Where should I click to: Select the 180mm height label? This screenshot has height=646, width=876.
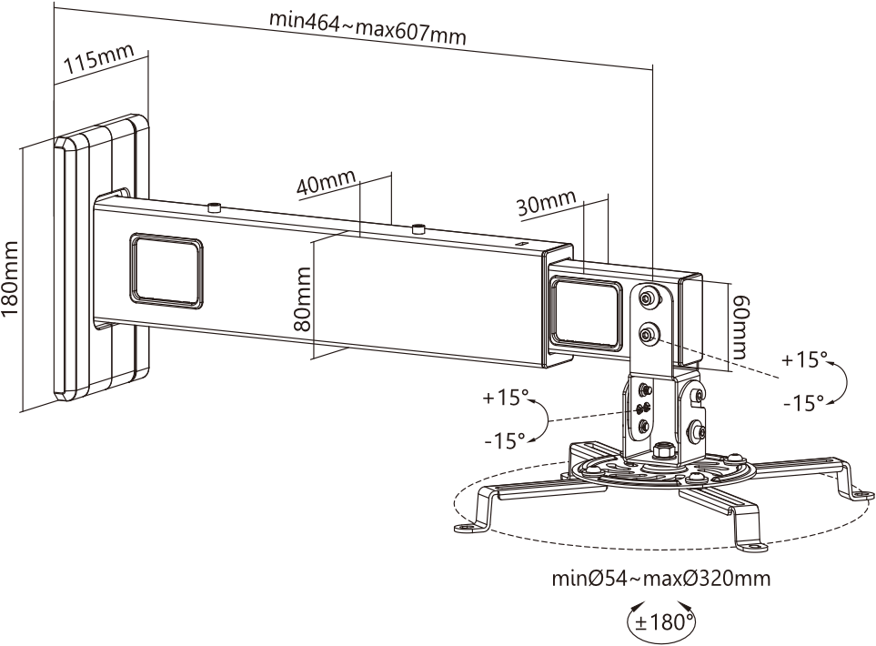click(12, 278)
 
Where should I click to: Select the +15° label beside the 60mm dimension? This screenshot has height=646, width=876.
click(801, 359)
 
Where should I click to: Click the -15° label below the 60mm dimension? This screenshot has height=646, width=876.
click(803, 401)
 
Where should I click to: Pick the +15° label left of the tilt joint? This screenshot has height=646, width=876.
click(506, 398)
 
